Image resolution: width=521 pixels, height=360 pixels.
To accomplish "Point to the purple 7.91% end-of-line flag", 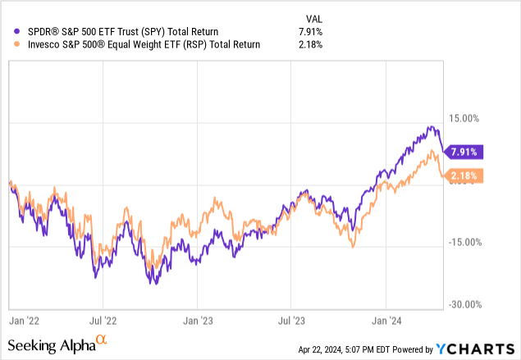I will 464,151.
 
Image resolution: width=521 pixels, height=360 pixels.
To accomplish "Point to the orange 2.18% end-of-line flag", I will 464,175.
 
